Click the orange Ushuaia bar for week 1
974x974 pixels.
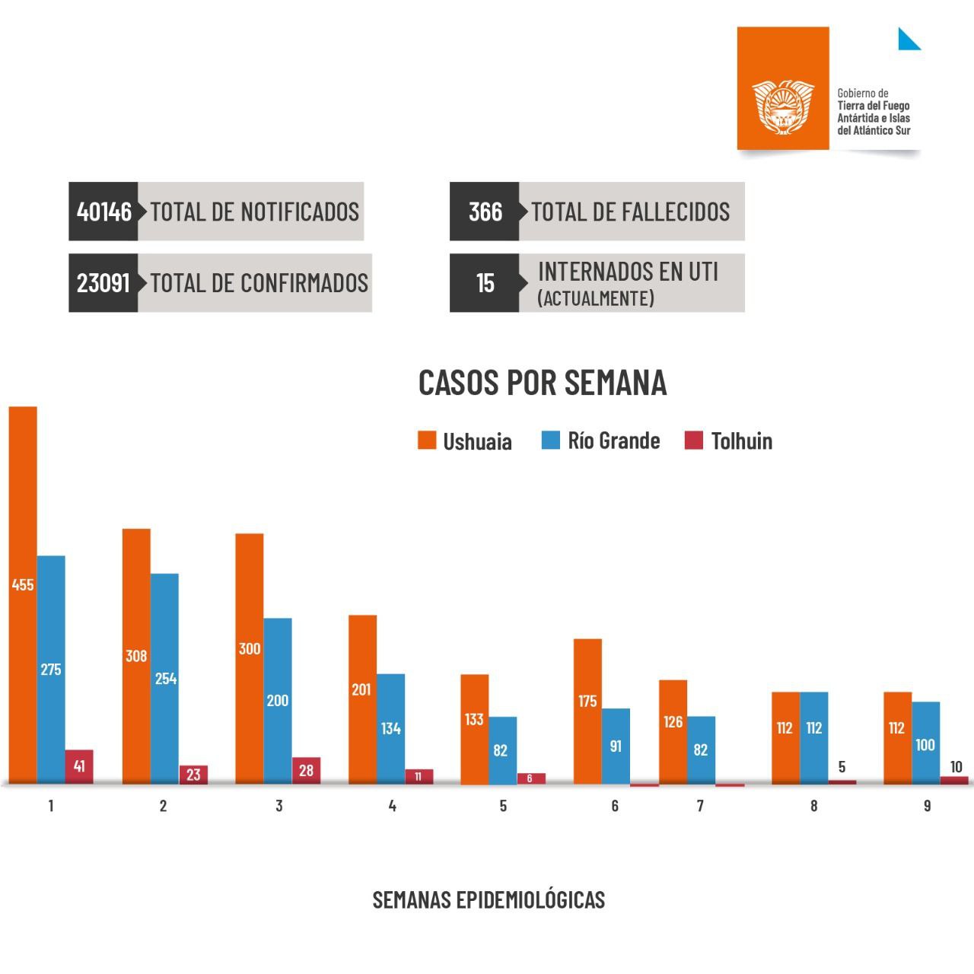23,594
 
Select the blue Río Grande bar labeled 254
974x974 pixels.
164,677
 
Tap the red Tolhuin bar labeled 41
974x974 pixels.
79,766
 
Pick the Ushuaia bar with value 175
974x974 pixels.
587,711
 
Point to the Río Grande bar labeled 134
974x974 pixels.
390,728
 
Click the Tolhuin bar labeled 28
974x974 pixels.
306,770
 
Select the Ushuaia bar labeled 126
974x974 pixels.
673,731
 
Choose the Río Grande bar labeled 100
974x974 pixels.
925,742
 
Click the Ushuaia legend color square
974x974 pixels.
427,440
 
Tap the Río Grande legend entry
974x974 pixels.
601,441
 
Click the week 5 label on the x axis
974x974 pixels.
503,806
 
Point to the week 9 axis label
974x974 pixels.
927,806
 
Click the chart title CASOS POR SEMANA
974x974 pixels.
543,382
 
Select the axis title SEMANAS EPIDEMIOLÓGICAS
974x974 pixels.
489,899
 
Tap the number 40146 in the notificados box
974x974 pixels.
104,212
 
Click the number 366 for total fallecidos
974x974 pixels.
485,212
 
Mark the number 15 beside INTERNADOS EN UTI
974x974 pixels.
485,283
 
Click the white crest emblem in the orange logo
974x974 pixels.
783,106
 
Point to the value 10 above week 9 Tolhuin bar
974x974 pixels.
956,767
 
